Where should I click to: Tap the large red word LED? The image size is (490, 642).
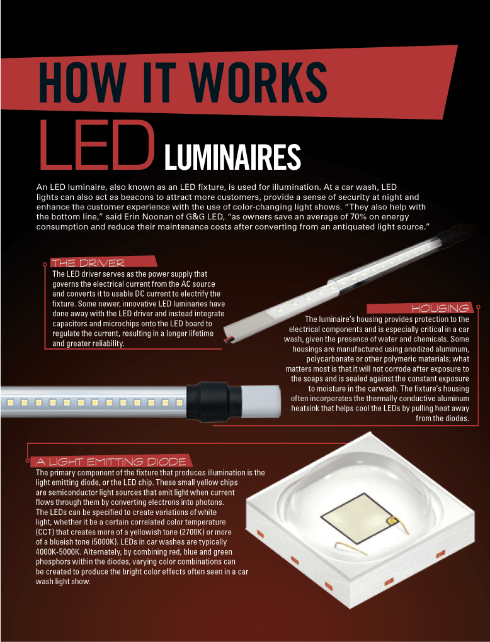(x=97, y=145)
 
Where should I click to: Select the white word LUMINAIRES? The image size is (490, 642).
(x=232, y=157)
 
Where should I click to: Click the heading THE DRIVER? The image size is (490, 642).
(x=93, y=262)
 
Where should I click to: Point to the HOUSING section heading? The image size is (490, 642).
(x=440, y=308)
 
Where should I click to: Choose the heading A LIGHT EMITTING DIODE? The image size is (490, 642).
(x=111, y=462)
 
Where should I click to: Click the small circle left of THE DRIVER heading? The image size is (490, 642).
(x=44, y=265)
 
